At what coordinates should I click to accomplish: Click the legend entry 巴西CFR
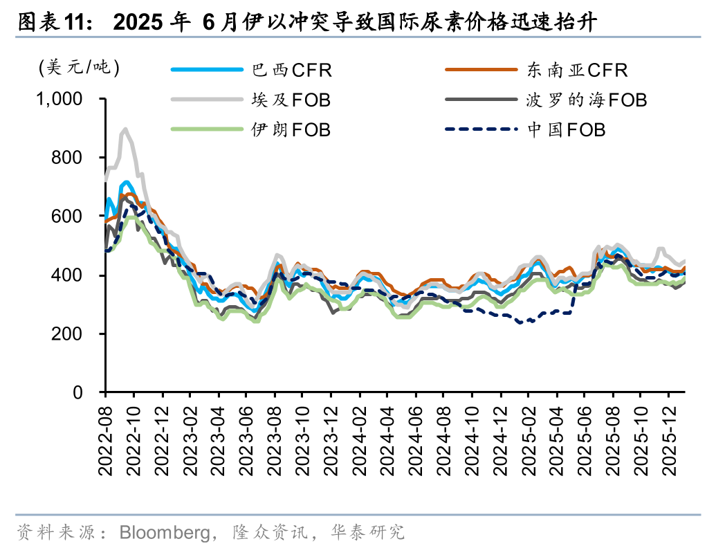coord(291,70)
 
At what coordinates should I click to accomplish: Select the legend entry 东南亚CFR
coord(577,70)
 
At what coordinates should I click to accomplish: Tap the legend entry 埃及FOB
coord(291,100)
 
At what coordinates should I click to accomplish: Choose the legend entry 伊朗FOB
coord(291,129)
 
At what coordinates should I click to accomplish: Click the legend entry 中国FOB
coord(566,129)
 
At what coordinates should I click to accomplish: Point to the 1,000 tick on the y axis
coord(59,100)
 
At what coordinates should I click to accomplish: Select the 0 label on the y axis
coord(78,393)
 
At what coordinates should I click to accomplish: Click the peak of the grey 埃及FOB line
coord(125,129)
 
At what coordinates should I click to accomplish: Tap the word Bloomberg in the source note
coord(164,532)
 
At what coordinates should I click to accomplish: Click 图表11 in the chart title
coord(51,22)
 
